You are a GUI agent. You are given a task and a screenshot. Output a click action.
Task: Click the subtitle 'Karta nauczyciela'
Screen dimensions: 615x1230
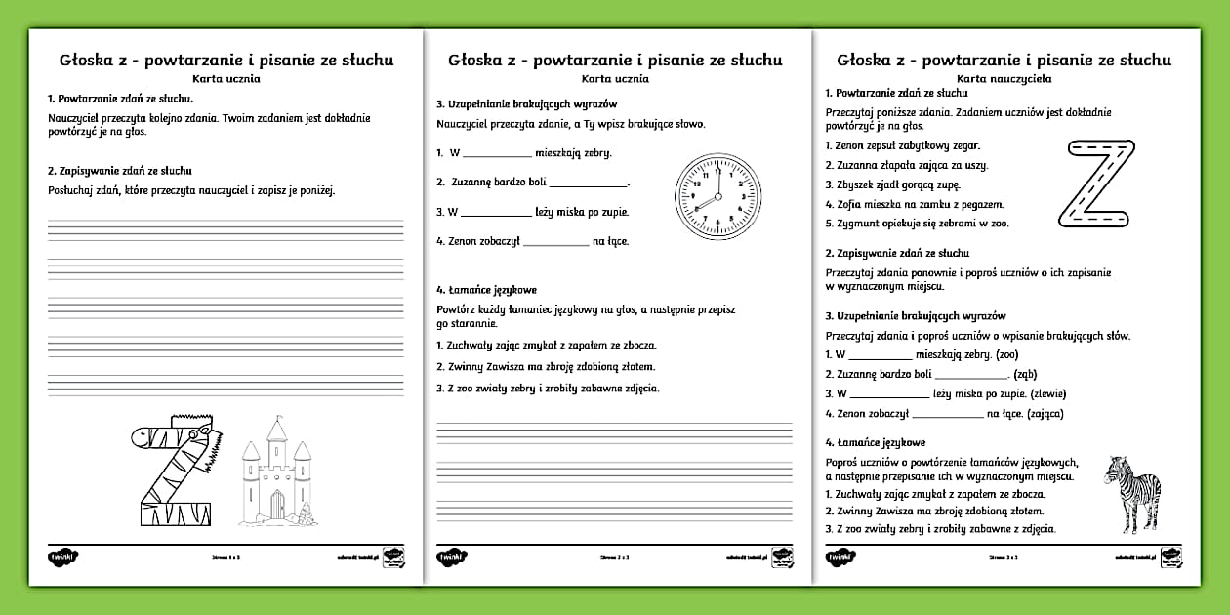coord(1004,77)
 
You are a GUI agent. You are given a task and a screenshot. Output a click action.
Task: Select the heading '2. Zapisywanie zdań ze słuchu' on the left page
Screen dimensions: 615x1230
coord(119,170)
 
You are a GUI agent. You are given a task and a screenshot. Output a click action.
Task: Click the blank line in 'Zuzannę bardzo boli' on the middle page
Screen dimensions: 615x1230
coord(588,184)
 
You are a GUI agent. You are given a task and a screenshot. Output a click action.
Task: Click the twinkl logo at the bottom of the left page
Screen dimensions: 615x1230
coord(62,556)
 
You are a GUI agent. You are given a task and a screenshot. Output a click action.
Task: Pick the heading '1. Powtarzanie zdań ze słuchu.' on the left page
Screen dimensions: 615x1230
coord(120,99)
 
